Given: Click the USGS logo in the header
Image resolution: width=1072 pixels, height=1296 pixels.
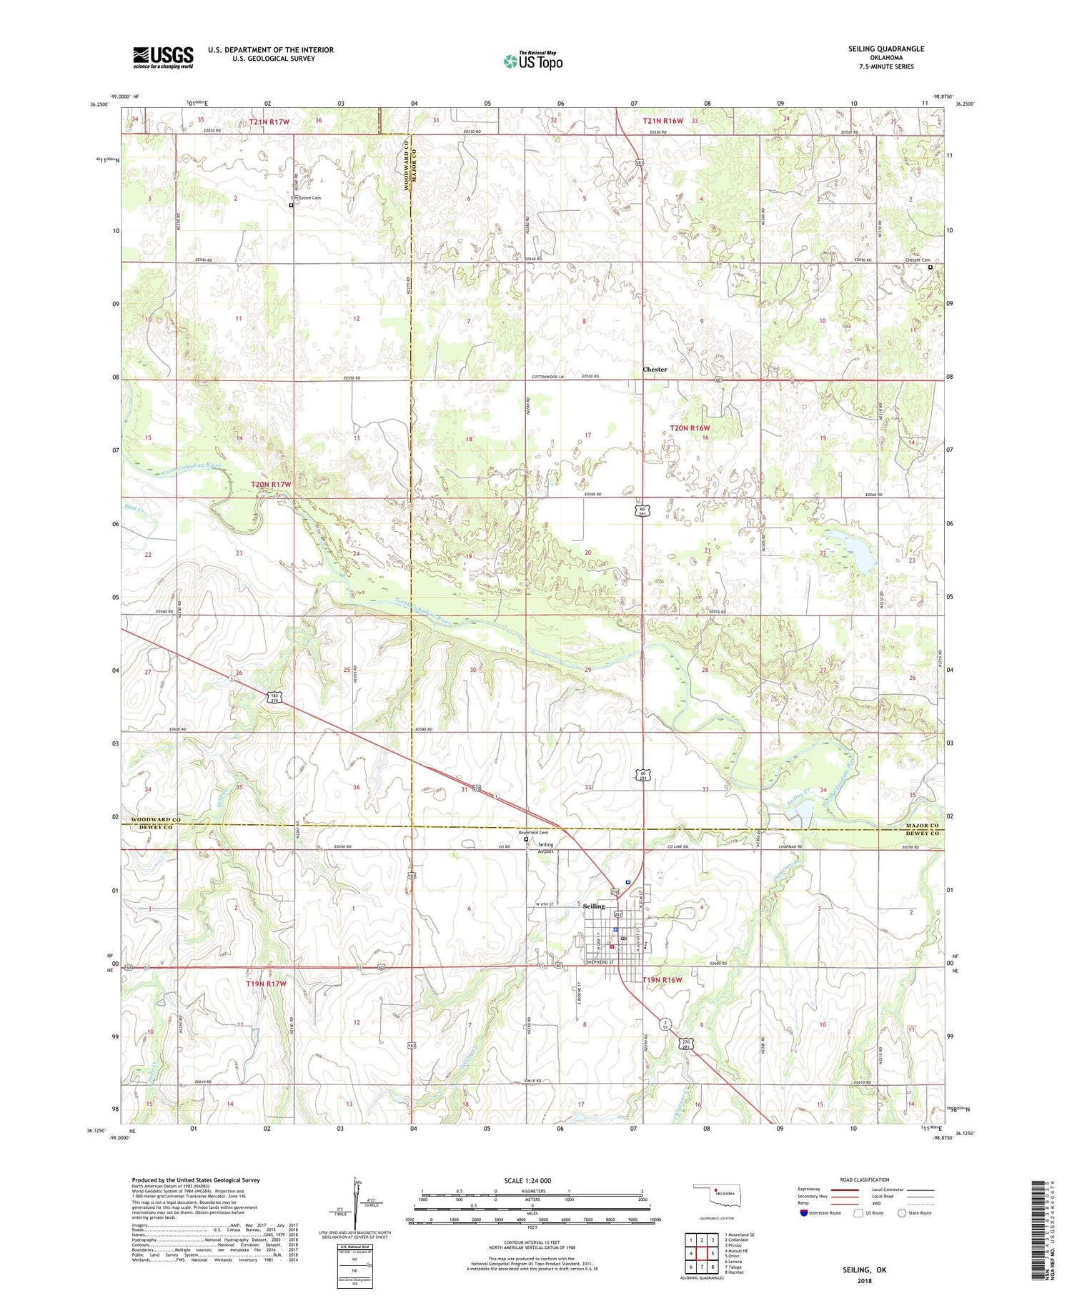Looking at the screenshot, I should click(x=162, y=57).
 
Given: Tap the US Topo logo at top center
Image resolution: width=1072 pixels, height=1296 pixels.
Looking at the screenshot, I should click(x=532, y=61).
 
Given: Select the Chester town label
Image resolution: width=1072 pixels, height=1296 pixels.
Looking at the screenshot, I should click(x=655, y=370).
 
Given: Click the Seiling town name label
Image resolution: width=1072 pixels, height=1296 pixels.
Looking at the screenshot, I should click(x=593, y=906).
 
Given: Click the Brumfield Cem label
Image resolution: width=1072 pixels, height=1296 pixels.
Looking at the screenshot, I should click(x=533, y=832).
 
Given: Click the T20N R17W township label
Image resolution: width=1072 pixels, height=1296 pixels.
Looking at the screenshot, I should click(x=272, y=485).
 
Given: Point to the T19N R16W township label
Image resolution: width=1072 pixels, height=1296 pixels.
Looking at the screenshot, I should click(x=662, y=979).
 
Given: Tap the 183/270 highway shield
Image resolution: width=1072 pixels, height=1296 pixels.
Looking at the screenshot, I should click(x=276, y=697).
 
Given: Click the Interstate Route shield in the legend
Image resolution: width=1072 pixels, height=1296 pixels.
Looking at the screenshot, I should click(x=804, y=1213).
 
